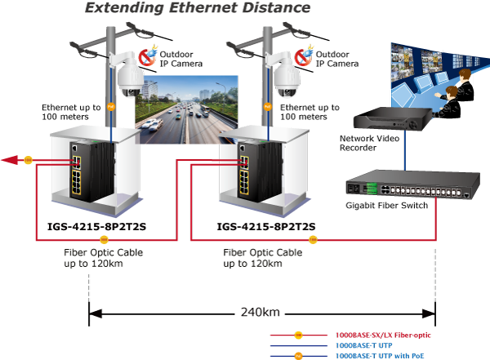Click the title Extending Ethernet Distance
[198, 8]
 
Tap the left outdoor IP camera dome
[131, 81]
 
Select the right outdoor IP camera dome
[287, 81]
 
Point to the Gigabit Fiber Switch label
[386, 206]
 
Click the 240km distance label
[260, 312]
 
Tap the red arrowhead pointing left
[10, 160]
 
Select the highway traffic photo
[186, 109]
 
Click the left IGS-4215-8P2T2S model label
[96, 226]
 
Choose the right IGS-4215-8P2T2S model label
[266, 226]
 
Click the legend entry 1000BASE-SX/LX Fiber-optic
[383, 336]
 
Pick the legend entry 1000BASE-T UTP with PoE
[380, 356]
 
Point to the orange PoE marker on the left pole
[111, 107]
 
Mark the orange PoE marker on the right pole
[268, 107]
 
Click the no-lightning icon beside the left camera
[147, 56]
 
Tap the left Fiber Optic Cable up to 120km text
[104, 258]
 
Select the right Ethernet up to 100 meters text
[310, 112]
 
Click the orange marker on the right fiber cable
[313, 240]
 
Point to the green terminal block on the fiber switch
[372, 189]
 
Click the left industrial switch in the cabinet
[91, 172]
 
